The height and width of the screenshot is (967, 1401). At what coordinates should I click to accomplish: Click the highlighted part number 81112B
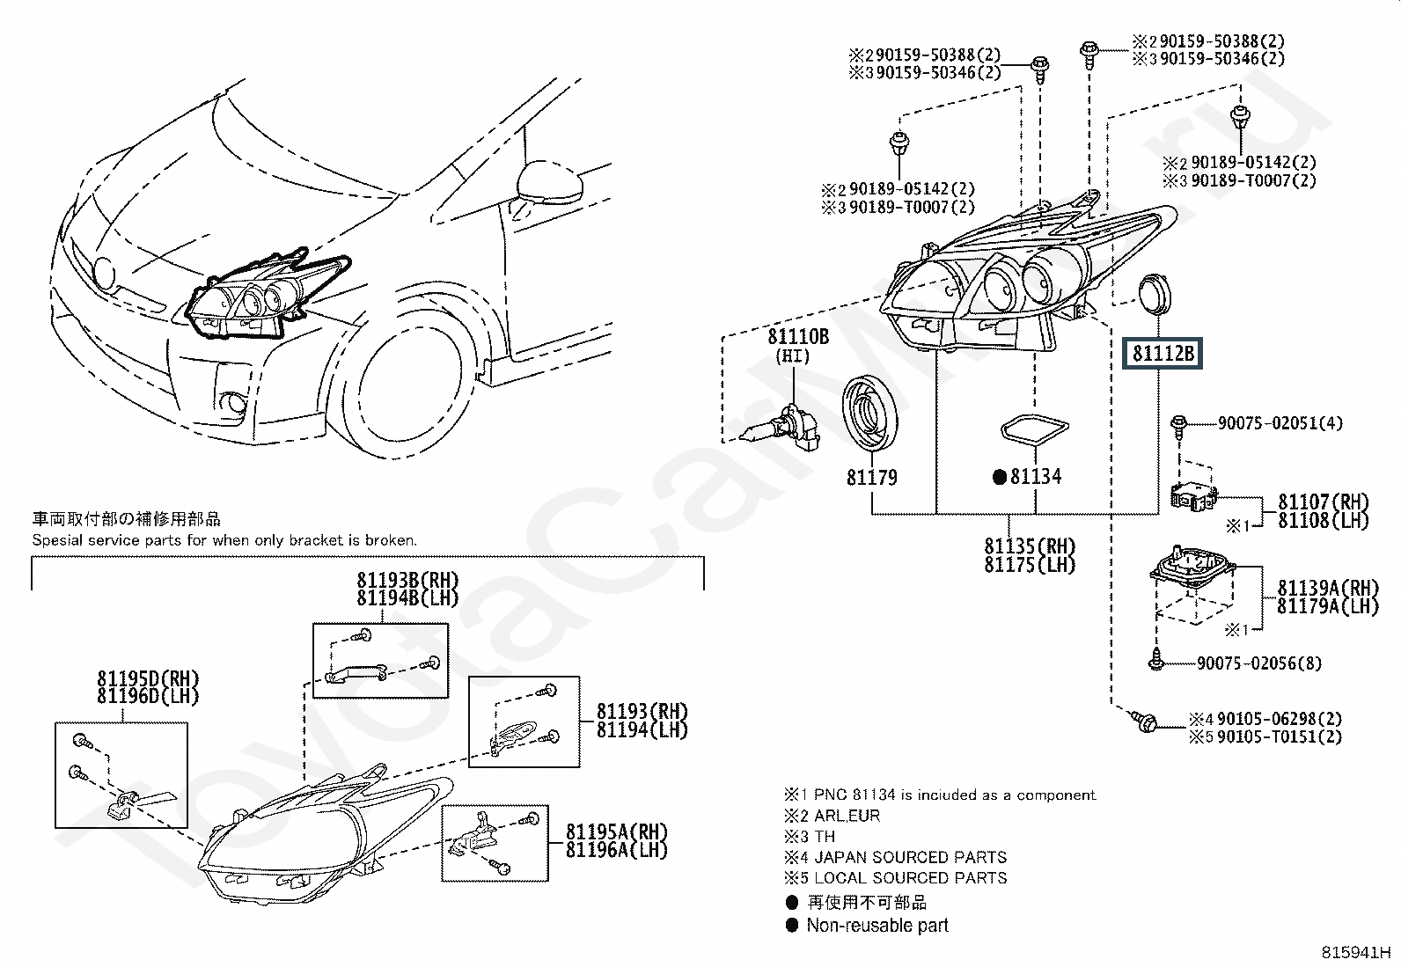[x=1163, y=354]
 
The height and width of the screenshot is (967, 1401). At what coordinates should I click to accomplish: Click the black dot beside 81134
[x=1000, y=478]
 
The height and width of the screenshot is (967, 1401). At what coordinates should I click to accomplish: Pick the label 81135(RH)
[x=1030, y=546]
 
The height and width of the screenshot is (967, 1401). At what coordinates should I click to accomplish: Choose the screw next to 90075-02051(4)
[x=1178, y=427]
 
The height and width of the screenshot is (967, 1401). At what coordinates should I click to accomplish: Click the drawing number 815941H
[x=1355, y=953]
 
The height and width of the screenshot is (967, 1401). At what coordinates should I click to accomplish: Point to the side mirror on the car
[x=549, y=182]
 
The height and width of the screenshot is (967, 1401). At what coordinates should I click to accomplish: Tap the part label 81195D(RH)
[x=148, y=678]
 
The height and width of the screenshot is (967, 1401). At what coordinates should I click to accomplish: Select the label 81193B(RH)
[x=407, y=580]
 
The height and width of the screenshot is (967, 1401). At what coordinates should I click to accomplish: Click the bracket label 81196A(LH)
[x=617, y=849]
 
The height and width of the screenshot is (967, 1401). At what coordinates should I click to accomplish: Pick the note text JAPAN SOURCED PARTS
[x=910, y=857]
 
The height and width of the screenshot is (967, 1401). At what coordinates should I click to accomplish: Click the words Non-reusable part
[x=877, y=925]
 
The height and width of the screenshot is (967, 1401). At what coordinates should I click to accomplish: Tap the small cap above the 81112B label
[x=1155, y=294]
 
